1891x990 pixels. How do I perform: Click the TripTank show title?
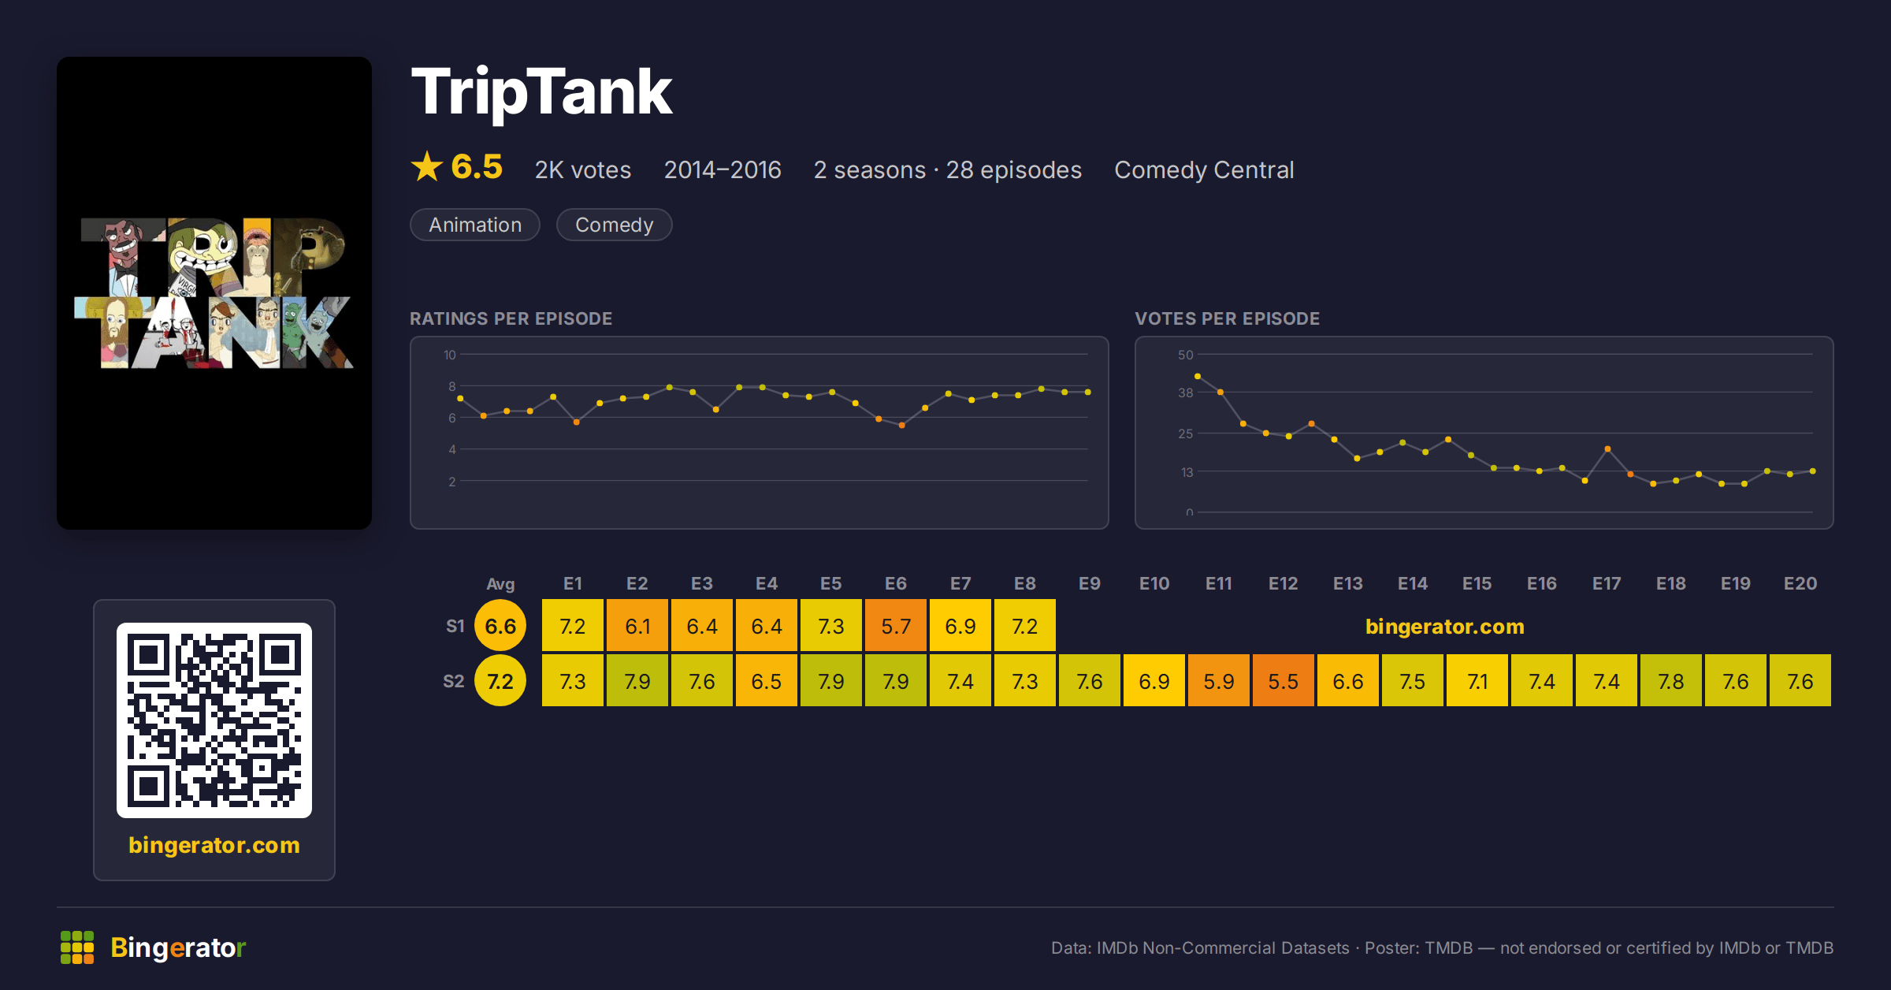(x=541, y=93)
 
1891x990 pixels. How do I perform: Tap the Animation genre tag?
(x=475, y=225)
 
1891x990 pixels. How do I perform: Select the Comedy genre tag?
(x=614, y=225)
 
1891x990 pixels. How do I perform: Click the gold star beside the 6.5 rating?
(x=427, y=166)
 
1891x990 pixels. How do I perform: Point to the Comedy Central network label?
(x=1204, y=169)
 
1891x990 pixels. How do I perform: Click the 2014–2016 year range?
(x=723, y=169)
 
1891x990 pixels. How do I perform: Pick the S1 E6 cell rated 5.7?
(x=896, y=626)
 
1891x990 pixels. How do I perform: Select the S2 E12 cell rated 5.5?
(x=1284, y=681)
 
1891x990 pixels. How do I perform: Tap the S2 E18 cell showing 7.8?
(x=1671, y=681)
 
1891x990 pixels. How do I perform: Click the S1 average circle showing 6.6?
(x=500, y=626)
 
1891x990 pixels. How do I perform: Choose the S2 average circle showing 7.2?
(x=500, y=681)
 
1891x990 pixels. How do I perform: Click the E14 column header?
(x=1413, y=583)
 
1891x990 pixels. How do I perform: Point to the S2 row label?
(x=454, y=681)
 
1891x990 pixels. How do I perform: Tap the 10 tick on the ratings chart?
(x=450, y=355)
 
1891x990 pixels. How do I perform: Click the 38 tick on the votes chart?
(x=1186, y=393)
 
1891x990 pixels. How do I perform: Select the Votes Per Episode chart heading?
(x=1227, y=318)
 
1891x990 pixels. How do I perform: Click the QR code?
(x=214, y=720)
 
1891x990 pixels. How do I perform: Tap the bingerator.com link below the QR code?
(x=214, y=845)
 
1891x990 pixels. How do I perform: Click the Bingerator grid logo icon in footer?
(x=77, y=947)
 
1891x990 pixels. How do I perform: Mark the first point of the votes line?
(x=1198, y=376)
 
